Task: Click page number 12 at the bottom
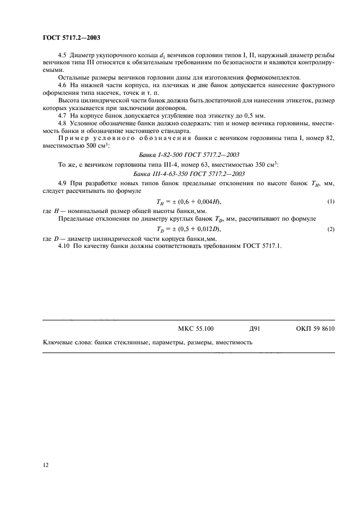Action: [x=46, y=465]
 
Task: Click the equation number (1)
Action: [x=331, y=202]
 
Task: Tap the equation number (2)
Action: [x=331, y=229]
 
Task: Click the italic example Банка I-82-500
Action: [x=188, y=155]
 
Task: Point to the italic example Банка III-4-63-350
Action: [x=188, y=173]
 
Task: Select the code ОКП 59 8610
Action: [x=315, y=329]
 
